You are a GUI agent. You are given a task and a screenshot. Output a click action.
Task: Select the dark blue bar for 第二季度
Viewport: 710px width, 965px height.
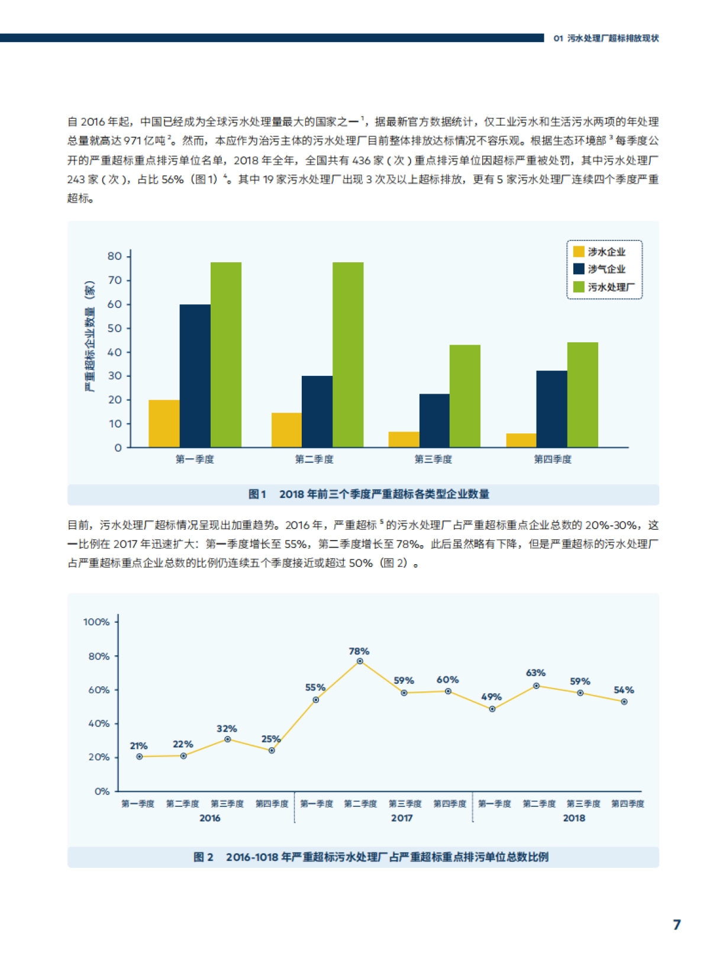pos(317,411)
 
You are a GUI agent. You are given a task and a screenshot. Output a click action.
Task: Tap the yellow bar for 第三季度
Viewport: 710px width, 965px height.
pos(404,439)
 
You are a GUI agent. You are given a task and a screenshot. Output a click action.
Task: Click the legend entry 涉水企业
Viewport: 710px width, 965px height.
pos(599,252)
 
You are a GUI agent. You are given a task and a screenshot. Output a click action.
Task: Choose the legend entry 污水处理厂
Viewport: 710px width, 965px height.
pos(603,287)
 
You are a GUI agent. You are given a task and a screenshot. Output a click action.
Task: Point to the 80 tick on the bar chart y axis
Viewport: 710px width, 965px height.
pos(115,256)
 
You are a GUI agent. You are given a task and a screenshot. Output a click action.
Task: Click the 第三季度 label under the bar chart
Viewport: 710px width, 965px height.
pos(433,459)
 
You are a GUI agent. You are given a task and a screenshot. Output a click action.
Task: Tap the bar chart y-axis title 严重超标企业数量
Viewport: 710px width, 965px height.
pos(89,336)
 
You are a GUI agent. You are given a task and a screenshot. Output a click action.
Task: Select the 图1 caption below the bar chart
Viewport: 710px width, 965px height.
pos(369,494)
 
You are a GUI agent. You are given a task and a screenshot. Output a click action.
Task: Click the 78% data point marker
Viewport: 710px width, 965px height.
pos(360,661)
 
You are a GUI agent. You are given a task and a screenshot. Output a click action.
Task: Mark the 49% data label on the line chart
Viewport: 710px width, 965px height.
pos(491,697)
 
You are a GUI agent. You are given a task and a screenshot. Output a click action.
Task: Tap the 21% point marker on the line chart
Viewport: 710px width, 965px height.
pos(140,757)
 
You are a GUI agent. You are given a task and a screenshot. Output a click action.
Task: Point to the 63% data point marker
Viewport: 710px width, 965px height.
pos(536,686)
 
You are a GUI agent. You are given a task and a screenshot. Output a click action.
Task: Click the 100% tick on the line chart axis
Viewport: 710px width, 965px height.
pos(96,622)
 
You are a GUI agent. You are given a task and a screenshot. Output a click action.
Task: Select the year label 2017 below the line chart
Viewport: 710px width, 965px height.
pos(402,818)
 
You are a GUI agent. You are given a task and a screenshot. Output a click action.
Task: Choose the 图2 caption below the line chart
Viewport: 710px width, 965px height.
pos(371,857)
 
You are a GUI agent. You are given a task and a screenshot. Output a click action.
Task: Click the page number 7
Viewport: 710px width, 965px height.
pos(677,925)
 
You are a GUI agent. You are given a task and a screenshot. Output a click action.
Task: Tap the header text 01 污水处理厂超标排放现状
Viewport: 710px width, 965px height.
pos(606,38)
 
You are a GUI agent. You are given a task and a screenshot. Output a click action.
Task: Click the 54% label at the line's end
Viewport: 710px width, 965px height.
pos(624,690)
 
